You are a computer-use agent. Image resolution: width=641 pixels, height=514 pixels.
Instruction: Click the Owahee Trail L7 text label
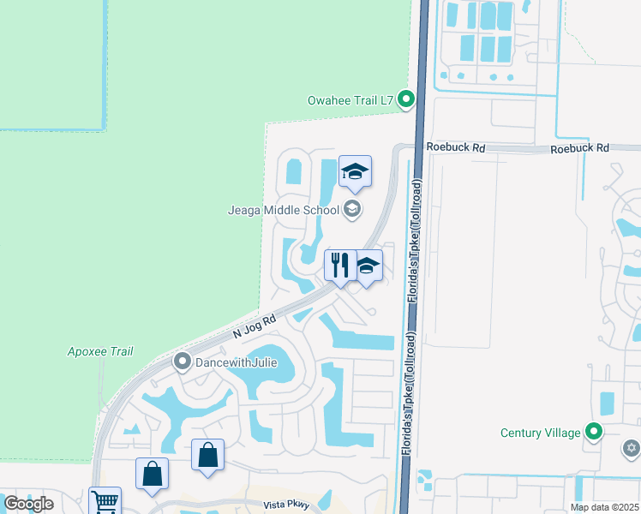click(350, 100)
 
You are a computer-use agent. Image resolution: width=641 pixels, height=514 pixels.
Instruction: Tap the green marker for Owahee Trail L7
click(407, 100)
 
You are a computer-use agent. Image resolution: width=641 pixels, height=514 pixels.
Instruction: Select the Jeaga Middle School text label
click(283, 208)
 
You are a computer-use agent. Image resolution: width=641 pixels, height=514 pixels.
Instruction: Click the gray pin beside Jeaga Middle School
click(351, 208)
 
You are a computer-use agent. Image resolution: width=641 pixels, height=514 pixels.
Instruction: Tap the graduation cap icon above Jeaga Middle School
click(355, 173)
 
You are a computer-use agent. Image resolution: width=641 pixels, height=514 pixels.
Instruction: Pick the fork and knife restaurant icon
click(340, 266)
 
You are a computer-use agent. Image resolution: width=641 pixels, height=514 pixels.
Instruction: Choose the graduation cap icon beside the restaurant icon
click(368, 266)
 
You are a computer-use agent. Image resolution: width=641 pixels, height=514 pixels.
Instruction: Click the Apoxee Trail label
click(100, 351)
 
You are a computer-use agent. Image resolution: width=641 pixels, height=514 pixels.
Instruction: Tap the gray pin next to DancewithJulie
click(182, 362)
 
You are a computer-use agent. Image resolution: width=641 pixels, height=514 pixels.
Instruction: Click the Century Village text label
click(540, 433)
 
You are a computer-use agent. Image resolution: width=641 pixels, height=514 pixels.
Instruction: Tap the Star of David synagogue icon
click(632, 447)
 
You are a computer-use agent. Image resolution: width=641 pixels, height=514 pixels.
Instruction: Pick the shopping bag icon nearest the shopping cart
click(152, 474)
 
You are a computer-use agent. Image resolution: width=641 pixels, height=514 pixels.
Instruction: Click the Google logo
click(28, 505)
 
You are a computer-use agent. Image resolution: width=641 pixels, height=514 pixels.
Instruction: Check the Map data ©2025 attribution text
click(603, 507)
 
